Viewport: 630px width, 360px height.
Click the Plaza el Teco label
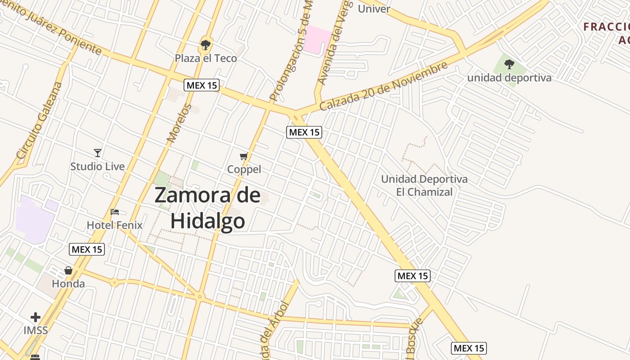[x=206, y=58]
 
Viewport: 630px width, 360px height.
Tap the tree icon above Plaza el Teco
[x=206, y=45]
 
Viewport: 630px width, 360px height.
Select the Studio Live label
[x=97, y=166]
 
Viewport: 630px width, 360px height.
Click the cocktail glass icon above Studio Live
[x=98, y=153]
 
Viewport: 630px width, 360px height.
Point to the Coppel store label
[x=244, y=169]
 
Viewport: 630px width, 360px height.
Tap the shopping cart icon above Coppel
[x=244, y=156]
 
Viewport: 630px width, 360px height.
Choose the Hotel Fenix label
[x=114, y=225]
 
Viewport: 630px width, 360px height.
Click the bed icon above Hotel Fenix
[x=115, y=212]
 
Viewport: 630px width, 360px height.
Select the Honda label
[x=68, y=283]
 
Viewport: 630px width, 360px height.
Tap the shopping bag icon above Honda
[x=68, y=270]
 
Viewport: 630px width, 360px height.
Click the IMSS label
[x=36, y=330]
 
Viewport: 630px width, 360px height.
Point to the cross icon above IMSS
[x=36, y=317]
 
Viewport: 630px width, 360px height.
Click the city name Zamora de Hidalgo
[x=207, y=208]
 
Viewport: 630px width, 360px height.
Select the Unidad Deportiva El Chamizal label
[x=424, y=185]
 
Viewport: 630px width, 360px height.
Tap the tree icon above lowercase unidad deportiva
[x=509, y=64]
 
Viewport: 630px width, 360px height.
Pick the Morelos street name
[x=180, y=123]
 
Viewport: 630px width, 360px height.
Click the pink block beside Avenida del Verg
[x=317, y=40]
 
